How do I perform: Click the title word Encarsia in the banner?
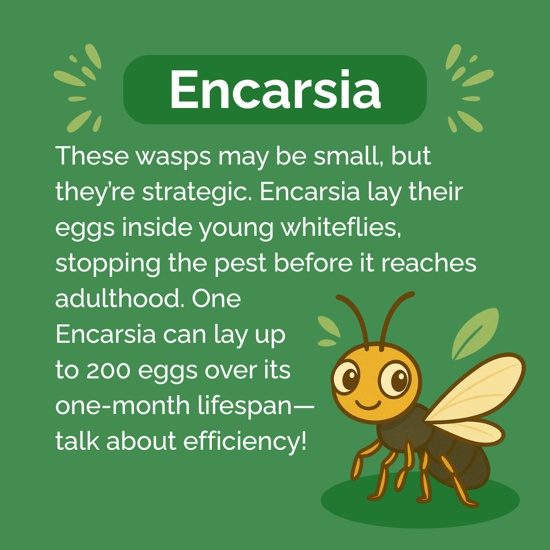[x=275, y=90]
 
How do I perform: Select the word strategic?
[x=210, y=192]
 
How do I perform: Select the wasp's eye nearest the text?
[x=348, y=379]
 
